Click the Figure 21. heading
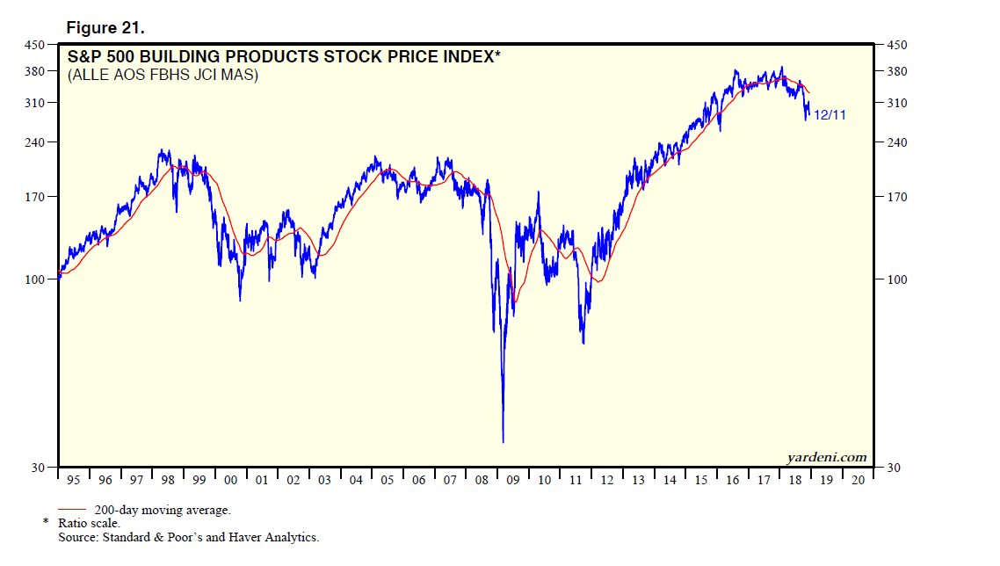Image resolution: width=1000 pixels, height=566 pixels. tap(105, 28)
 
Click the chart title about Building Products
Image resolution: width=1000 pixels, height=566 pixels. tap(284, 58)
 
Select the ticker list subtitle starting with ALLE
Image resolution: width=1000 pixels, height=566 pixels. tap(163, 76)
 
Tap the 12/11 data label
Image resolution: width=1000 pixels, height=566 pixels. tap(830, 115)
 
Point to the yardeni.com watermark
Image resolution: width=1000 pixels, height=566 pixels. tap(826, 457)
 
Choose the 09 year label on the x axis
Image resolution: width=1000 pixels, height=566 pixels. tap(512, 480)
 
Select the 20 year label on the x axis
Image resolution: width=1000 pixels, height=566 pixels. tap(857, 480)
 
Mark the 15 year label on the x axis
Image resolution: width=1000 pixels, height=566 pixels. tap(700, 480)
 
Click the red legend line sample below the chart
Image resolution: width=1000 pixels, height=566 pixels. tap(72, 510)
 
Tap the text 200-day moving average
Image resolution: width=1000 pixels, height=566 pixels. tap(162, 510)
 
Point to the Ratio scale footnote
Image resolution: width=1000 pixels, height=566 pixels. tap(89, 523)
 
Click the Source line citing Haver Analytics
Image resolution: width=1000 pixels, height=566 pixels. tap(189, 536)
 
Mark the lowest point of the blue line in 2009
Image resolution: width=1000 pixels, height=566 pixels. tap(504, 442)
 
